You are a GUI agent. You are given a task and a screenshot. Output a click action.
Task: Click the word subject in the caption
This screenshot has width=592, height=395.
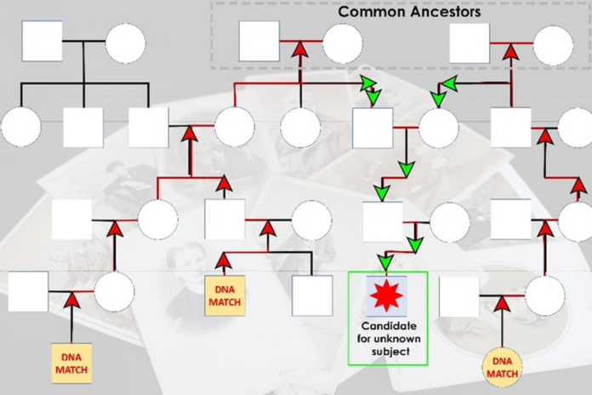pos(388,352)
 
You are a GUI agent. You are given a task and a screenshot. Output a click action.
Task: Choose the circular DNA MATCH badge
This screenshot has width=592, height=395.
pos(502,367)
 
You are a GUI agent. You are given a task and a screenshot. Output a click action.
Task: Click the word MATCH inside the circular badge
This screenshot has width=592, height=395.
pos(502,374)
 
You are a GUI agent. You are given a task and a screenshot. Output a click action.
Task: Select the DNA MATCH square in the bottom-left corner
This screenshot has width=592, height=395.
pos(71,364)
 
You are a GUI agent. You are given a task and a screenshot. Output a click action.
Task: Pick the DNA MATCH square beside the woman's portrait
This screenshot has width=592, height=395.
pos(225,295)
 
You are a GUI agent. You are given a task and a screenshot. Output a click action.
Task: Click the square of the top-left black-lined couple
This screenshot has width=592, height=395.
pos(42,41)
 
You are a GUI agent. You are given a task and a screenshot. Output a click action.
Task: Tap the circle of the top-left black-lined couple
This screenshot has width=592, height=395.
pos(125,43)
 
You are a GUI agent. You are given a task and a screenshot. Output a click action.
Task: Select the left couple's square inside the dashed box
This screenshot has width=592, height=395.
pos(259,41)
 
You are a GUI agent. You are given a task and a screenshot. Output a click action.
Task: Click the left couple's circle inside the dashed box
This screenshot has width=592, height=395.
pos(342,43)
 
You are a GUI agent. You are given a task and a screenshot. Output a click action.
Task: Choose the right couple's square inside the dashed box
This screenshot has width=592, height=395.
pos(470,43)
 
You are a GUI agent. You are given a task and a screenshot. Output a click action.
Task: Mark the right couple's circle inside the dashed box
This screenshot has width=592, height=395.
pos(553,44)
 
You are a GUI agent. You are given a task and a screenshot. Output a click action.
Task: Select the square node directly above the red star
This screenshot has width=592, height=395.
pos(383,221)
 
